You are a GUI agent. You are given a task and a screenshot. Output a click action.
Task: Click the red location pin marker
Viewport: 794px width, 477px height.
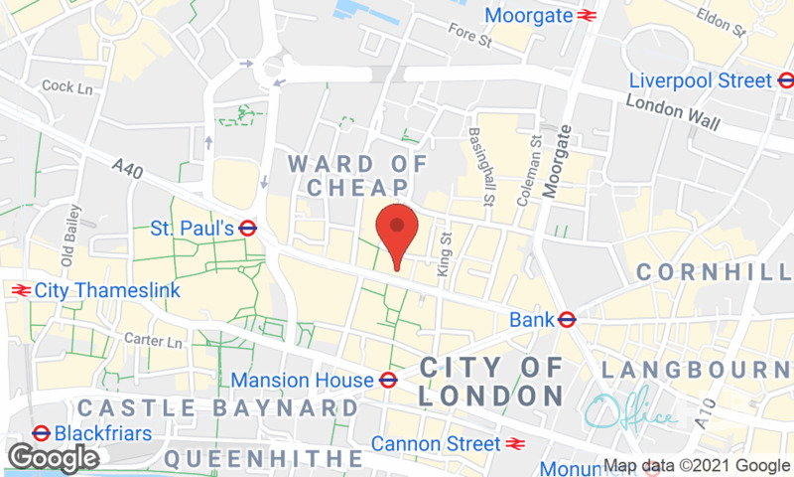397,229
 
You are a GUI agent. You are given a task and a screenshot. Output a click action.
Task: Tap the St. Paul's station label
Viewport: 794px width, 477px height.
192,229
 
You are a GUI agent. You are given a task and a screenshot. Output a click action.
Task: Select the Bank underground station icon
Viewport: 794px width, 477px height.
568,320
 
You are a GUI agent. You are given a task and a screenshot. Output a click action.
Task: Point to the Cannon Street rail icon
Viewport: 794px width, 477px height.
514,443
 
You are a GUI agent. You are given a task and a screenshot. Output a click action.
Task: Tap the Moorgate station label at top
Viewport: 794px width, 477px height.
528,15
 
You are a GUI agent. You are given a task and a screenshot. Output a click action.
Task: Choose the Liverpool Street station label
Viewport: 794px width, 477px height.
700,80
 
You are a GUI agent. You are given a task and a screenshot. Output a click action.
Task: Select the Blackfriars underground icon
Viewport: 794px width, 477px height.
42,433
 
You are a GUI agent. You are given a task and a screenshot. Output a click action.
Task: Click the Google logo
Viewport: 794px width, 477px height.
53,457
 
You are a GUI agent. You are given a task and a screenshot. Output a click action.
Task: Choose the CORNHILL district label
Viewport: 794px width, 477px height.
714,271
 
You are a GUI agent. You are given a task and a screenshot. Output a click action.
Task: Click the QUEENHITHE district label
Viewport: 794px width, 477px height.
262,458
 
